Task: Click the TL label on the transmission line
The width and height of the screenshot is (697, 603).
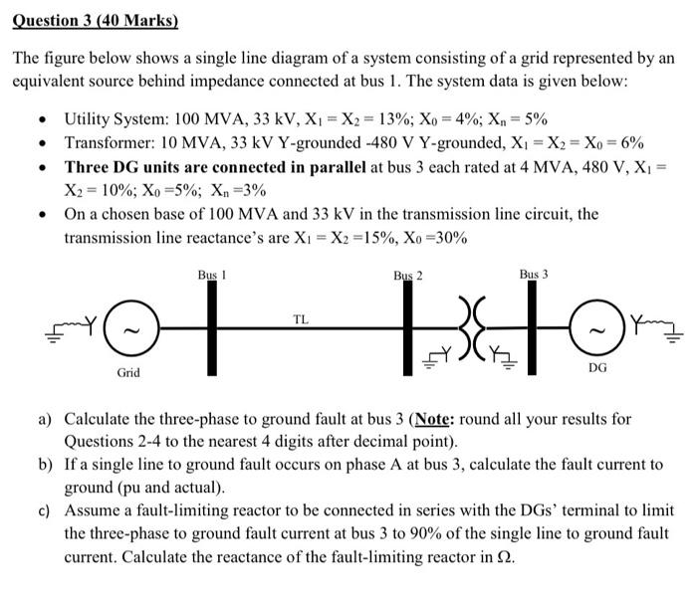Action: click(300, 318)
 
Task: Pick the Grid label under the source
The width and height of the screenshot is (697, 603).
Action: click(128, 373)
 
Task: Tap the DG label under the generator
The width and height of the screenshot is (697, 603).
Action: click(597, 367)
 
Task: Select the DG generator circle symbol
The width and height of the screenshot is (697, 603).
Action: click(597, 329)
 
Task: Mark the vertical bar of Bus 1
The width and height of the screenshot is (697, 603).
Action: click(212, 329)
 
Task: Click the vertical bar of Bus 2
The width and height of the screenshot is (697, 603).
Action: click(406, 338)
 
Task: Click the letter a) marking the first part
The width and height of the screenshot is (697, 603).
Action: click(45, 420)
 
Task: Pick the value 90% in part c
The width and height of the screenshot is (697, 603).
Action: click(451, 533)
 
